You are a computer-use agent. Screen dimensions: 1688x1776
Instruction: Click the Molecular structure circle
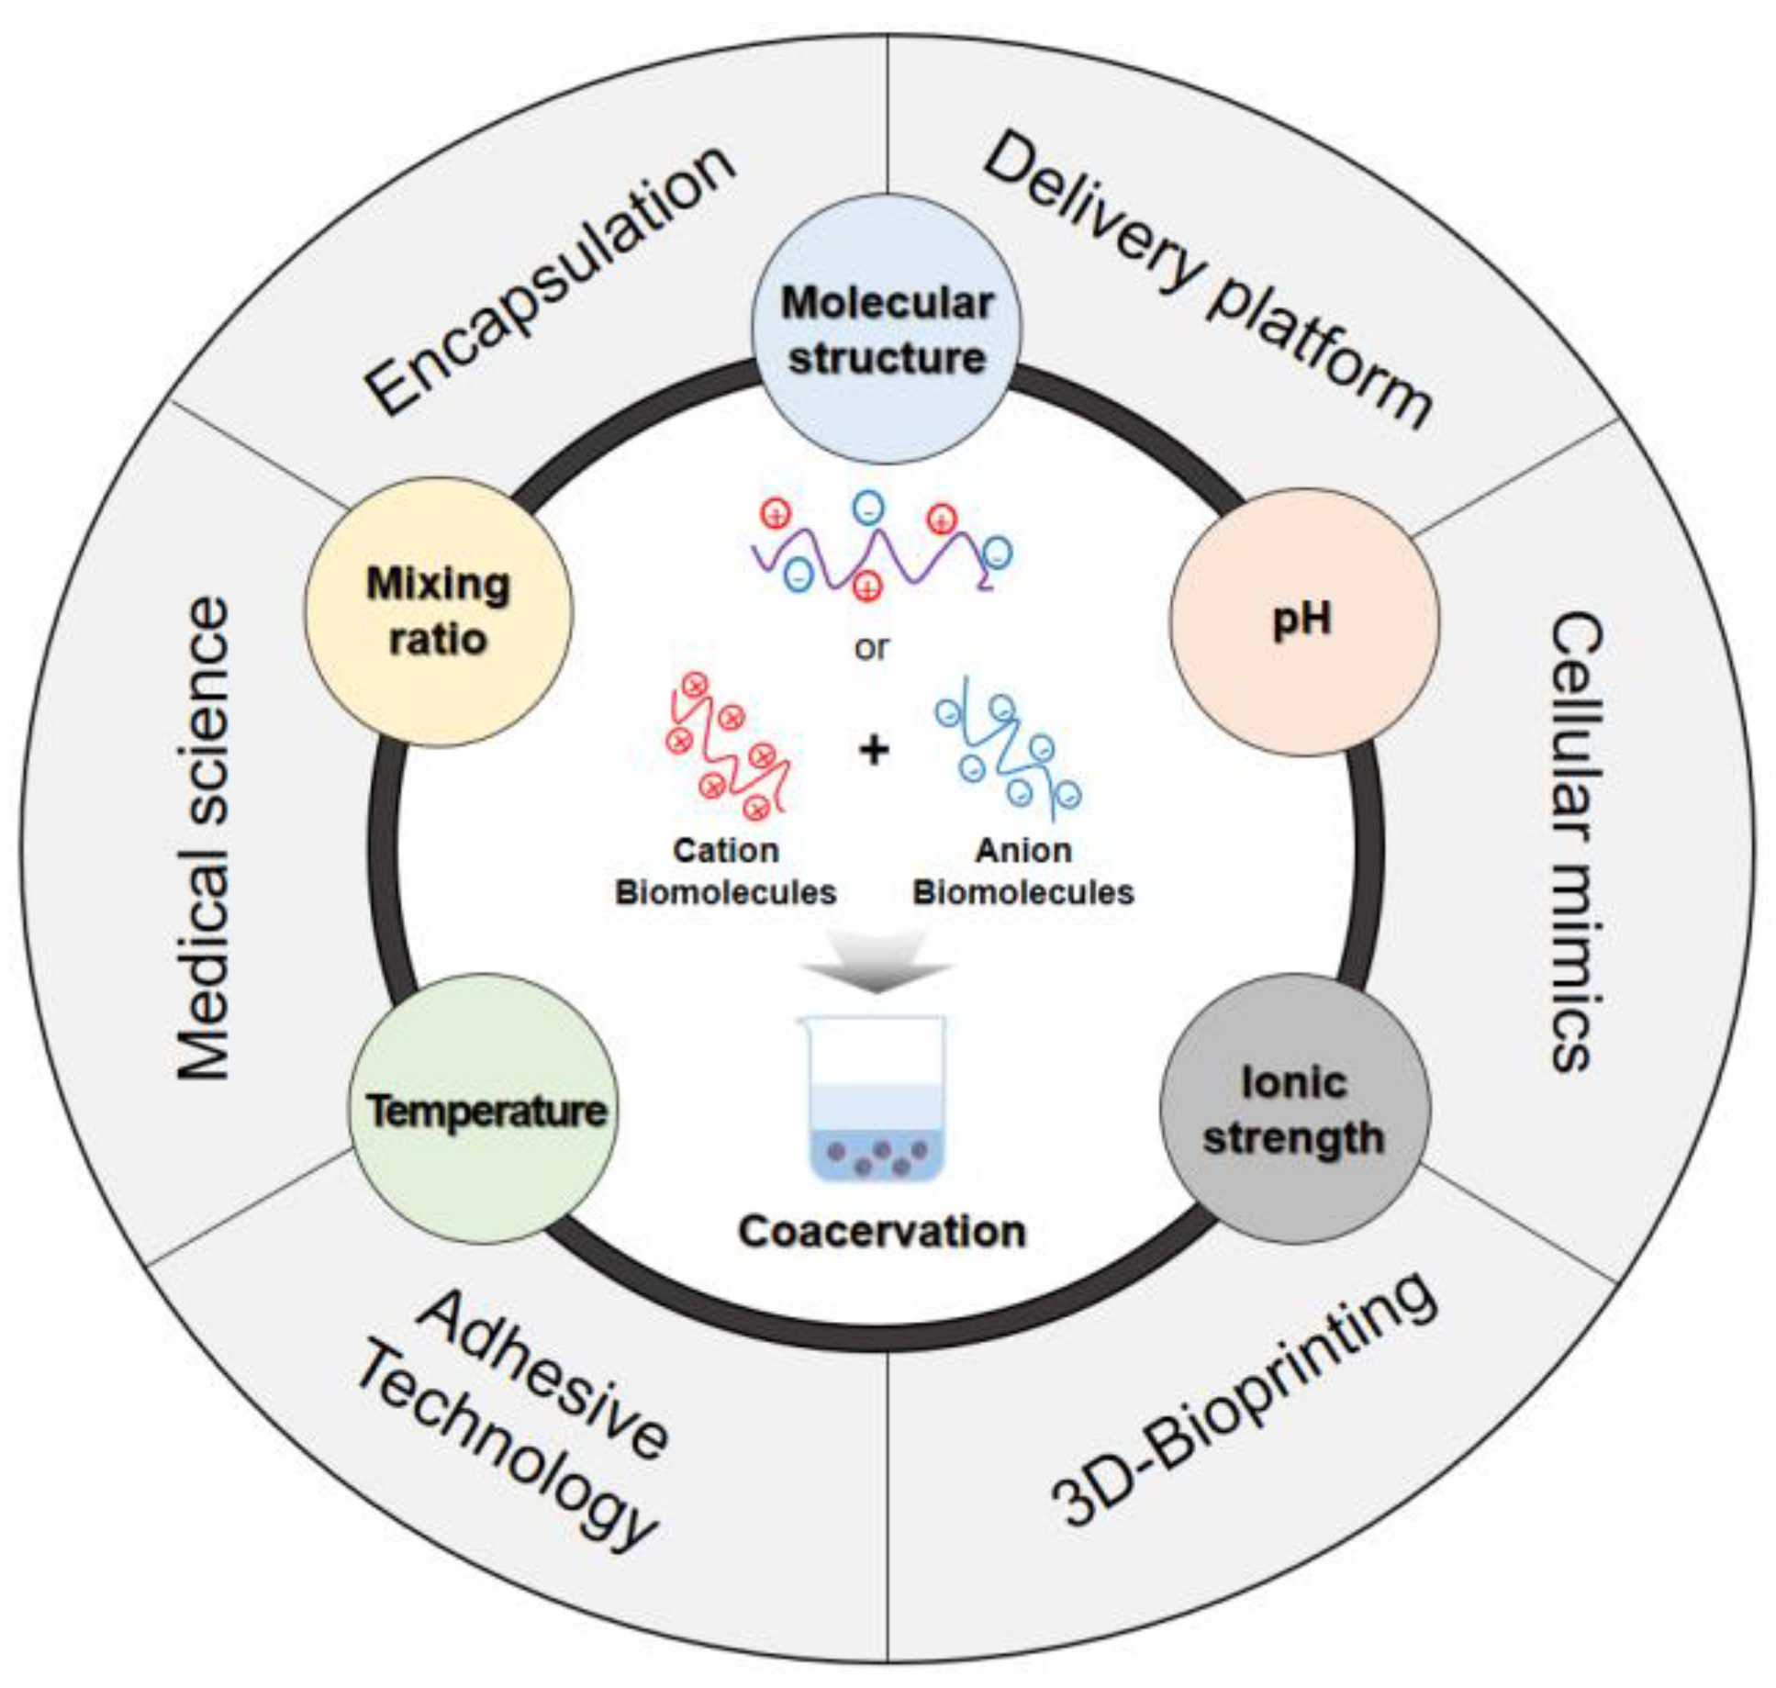coord(886,329)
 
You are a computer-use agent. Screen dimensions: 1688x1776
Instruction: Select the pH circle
coord(1303,621)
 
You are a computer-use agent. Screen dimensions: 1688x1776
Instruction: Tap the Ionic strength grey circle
coord(1294,1109)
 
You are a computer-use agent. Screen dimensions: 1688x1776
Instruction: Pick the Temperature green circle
coord(485,1109)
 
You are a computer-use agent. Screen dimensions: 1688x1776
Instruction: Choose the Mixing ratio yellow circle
coord(439,611)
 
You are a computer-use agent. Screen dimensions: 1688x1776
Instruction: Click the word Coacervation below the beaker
coord(881,1232)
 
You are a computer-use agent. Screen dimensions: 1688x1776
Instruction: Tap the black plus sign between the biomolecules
coord(874,750)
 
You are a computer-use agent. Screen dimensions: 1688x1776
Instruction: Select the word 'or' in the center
coord(871,648)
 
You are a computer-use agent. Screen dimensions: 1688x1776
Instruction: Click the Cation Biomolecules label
coord(725,870)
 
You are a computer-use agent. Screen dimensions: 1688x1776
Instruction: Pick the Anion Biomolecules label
coord(1022,870)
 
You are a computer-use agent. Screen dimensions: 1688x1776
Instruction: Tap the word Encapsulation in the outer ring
coord(551,280)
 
